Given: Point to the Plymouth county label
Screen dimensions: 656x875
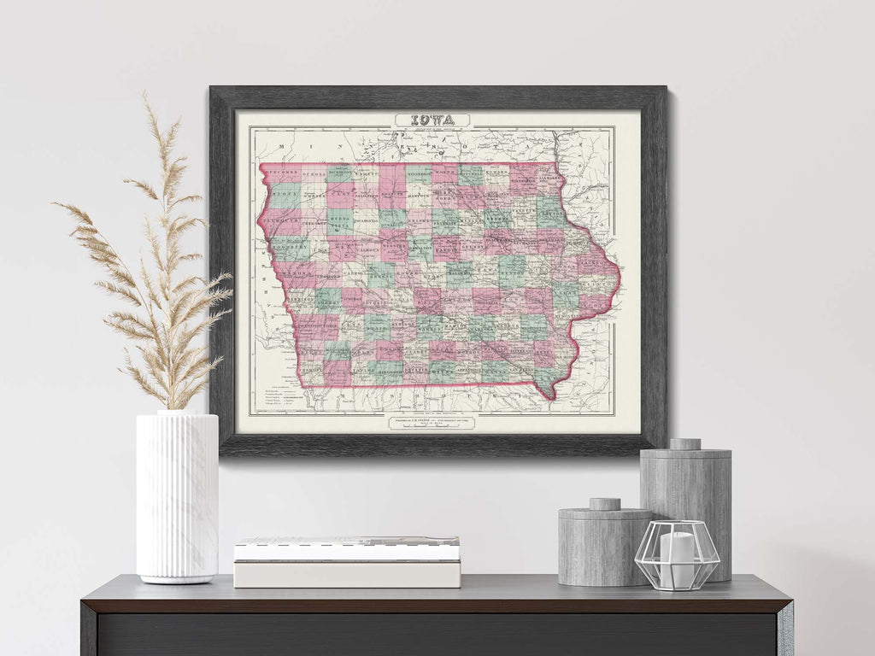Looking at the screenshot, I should tap(279, 221).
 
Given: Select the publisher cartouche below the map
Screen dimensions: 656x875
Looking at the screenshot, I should tap(434, 422).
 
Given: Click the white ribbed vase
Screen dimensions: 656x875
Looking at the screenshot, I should tap(177, 495).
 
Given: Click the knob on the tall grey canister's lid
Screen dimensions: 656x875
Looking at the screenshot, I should tap(684, 444).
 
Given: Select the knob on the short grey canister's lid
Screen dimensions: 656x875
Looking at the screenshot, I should tap(604, 504).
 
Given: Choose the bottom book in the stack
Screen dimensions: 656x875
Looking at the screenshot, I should tap(347, 574).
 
